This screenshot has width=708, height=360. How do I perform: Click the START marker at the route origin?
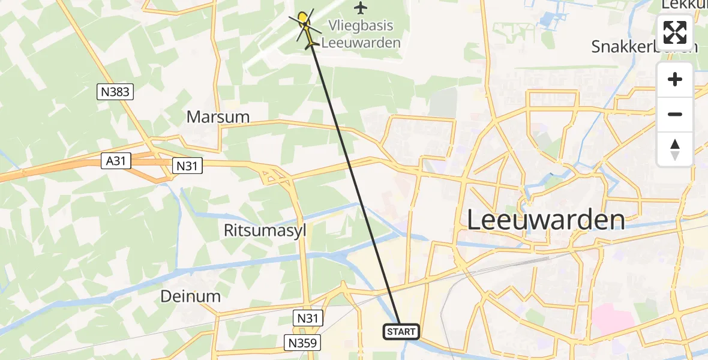tap(401, 331)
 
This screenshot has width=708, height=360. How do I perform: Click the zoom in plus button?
tap(675, 80)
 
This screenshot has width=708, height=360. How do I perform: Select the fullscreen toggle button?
tap(675, 32)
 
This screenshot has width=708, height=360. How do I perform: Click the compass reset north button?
tap(675, 149)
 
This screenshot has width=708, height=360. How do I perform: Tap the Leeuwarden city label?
tap(545, 220)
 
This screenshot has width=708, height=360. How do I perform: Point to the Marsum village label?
tap(218, 116)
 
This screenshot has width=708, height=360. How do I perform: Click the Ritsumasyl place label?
tap(265, 230)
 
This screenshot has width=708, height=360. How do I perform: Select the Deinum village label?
tap(190, 296)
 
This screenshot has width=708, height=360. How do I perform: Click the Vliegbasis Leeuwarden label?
tap(361, 34)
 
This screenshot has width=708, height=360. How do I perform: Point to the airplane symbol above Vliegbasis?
tap(360, 8)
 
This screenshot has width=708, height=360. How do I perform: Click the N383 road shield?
tap(115, 92)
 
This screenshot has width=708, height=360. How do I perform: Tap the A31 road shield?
tap(116, 160)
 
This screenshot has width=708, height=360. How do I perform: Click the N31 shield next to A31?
tap(187, 166)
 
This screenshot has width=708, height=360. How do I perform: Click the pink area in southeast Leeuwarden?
tap(613, 318)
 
